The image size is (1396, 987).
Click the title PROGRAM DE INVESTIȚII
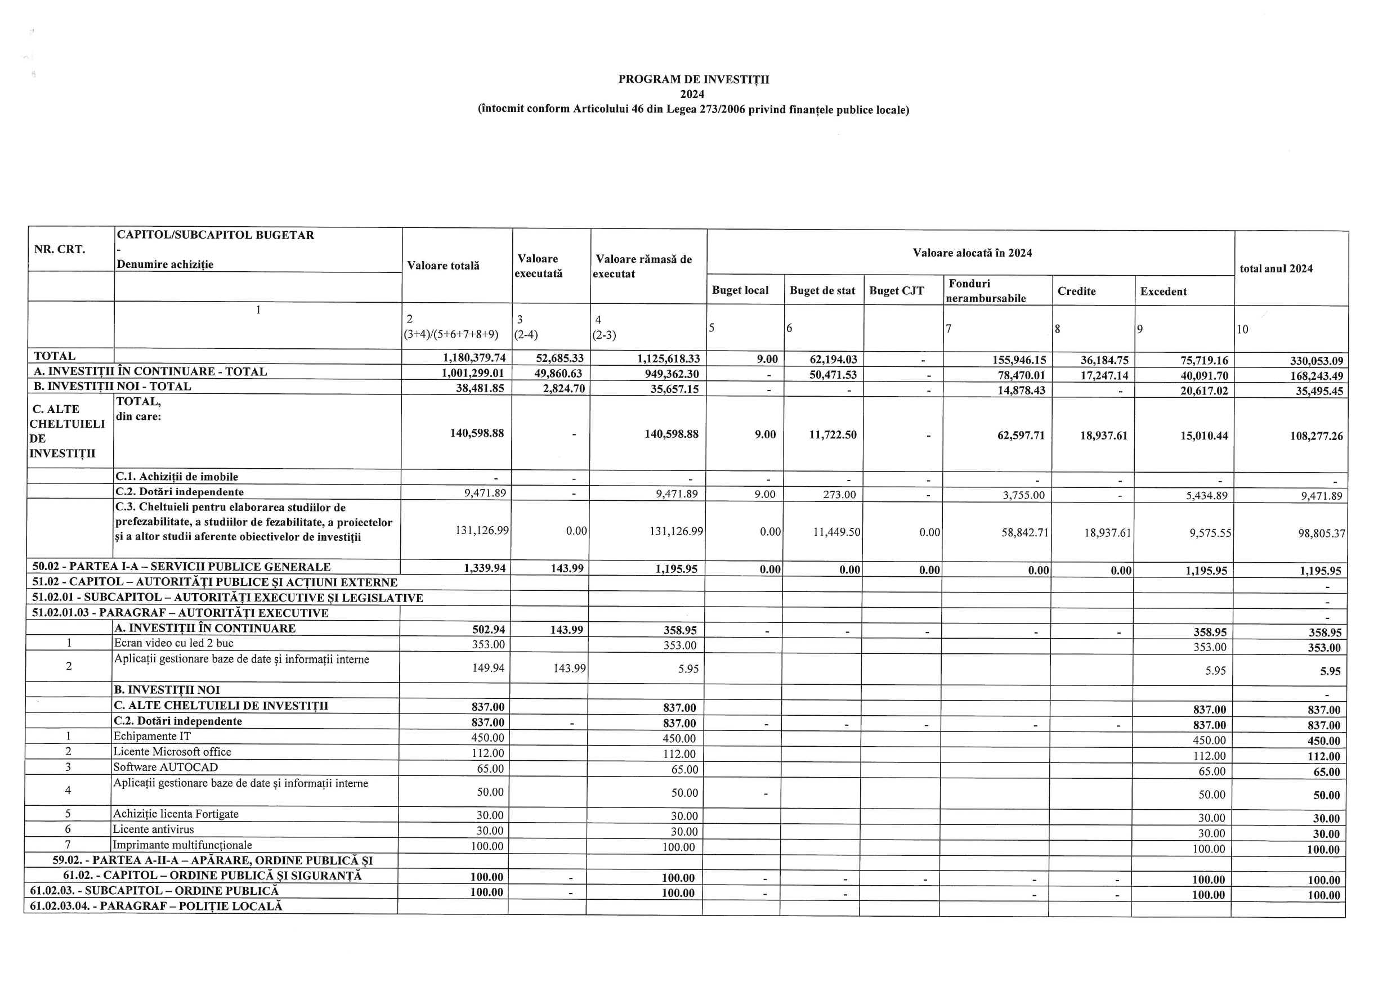693,79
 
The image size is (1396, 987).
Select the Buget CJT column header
896,290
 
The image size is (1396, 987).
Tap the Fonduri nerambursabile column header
986,290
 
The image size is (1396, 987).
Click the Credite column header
1076,291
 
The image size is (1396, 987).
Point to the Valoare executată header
538,266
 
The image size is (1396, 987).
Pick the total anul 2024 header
1276,268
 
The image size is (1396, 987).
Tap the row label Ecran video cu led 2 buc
174,643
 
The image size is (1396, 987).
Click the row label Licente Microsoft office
173,752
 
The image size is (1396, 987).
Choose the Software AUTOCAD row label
166,767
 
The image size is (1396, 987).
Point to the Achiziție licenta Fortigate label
176,814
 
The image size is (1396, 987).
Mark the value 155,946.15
1019,360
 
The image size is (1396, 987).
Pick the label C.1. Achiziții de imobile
177,477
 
